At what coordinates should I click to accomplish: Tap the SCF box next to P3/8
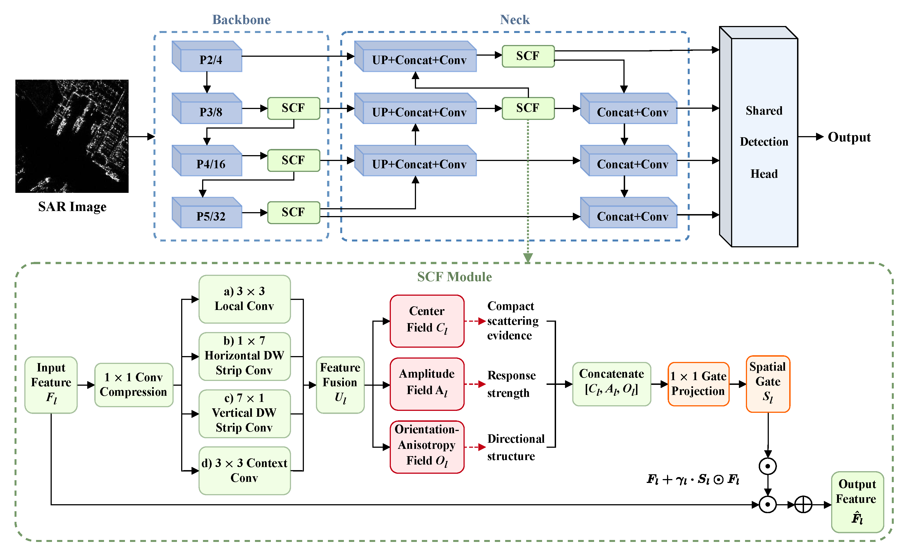[x=294, y=108]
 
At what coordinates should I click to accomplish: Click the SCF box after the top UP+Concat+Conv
[x=528, y=56]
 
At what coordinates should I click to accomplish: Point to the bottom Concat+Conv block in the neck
[x=628, y=212]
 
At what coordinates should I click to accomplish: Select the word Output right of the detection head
[x=849, y=137]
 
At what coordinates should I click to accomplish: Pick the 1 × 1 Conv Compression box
[x=134, y=385]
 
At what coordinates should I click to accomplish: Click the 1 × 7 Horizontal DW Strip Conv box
[x=244, y=356]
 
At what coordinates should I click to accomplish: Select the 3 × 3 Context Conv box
[x=244, y=470]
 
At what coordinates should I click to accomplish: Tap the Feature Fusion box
[x=340, y=385]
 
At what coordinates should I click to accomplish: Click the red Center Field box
[x=427, y=321]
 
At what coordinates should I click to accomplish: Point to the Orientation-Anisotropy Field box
[x=427, y=447]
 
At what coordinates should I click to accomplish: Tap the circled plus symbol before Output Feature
[x=803, y=504]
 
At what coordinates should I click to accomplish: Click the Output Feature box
[x=857, y=502]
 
